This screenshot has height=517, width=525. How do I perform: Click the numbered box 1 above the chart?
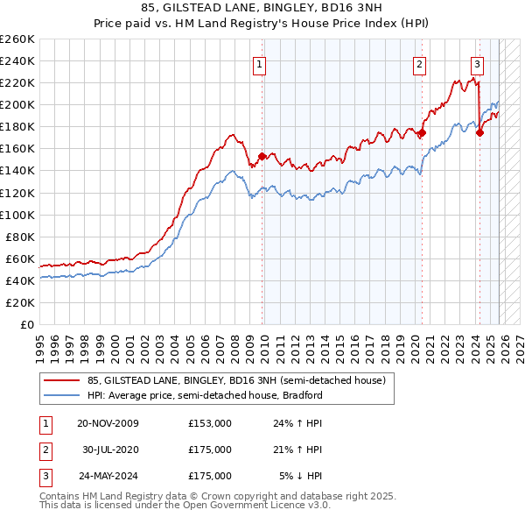pyautogui.click(x=261, y=63)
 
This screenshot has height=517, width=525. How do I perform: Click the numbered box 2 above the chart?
pyautogui.click(x=420, y=63)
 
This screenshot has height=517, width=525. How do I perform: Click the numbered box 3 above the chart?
pyautogui.click(x=477, y=63)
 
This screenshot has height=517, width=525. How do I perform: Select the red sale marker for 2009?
pyautogui.click(x=262, y=156)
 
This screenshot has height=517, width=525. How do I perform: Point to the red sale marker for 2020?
pyautogui.click(x=422, y=132)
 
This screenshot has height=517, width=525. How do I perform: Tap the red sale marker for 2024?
pyautogui.click(x=479, y=132)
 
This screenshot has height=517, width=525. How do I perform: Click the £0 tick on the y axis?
pyautogui.click(x=28, y=324)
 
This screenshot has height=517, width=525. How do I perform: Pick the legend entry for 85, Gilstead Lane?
pyautogui.click(x=237, y=380)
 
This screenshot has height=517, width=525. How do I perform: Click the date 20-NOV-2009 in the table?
pyautogui.click(x=108, y=423)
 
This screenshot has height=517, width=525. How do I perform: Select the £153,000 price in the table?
pyautogui.click(x=210, y=423)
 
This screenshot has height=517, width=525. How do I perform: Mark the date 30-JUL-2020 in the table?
pyautogui.click(x=110, y=450)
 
